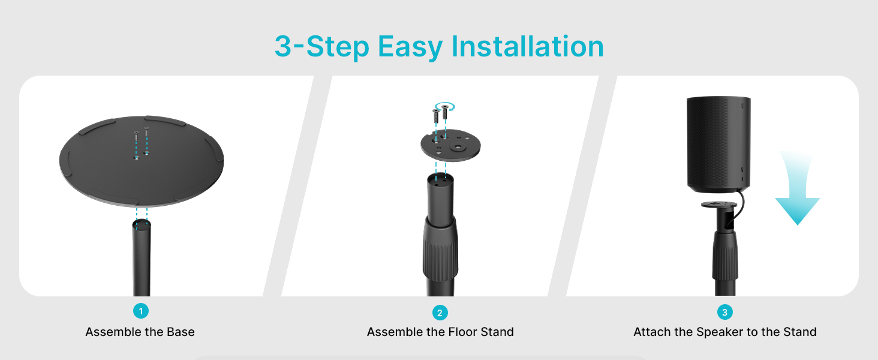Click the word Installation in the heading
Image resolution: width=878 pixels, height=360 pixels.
[x=528, y=46]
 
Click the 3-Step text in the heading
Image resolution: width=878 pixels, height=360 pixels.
[x=322, y=47]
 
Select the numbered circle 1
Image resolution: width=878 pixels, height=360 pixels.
[x=141, y=311]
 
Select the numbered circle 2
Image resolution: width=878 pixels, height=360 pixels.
[x=440, y=313]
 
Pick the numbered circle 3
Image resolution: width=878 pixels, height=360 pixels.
[x=724, y=312]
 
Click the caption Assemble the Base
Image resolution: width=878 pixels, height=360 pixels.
[x=140, y=332]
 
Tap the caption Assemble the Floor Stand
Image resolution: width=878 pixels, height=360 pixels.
[x=440, y=332]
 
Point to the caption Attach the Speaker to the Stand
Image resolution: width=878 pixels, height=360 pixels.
[x=725, y=332]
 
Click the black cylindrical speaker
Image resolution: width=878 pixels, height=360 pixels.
[x=718, y=145]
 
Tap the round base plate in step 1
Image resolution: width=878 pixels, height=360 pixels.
[x=142, y=161]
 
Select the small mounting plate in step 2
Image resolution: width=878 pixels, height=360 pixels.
[x=451, y=145]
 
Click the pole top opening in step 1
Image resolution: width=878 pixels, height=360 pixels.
[x=142, y=225]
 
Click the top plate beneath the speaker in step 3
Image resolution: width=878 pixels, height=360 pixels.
[x=719, y=205]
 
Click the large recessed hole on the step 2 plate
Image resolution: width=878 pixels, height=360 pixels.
[x=458, y=148]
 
